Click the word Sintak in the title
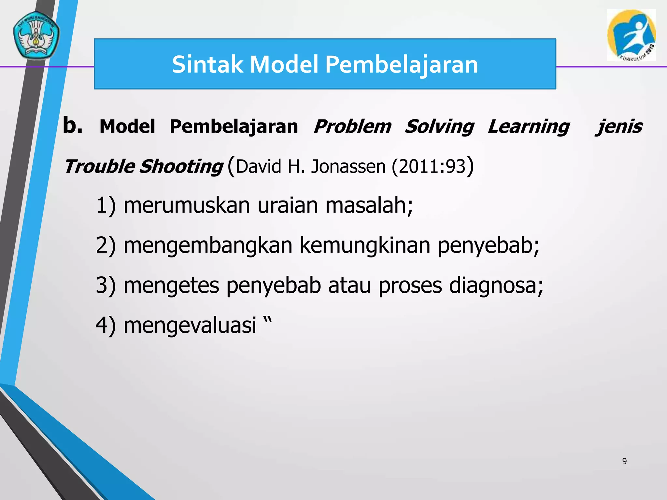pyautogui.click(x=207, y=64)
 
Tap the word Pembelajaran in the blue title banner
pyautogui.click(x=401, y=64)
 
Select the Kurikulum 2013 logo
pyautogui.click(x=631, y=35)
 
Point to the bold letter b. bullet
pyautogui.click(x=72, y=125)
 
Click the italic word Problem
pyautogui.click(x=352, y=126)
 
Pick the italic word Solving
pyautogui.click(x=439, y=126)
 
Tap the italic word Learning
pyautogui.click(x=528, y=126)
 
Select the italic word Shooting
pyautogui.click(x=181, y=166)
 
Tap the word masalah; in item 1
pyautogui.click(x=369, y=205)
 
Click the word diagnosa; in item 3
pyautogui.click(x=496, y=285)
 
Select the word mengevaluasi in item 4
pyautogui.click(x=190, y=325)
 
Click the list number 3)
pyautogui.click(x=106, y=285)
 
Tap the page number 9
pyautogui.click(x=624, y=461)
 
